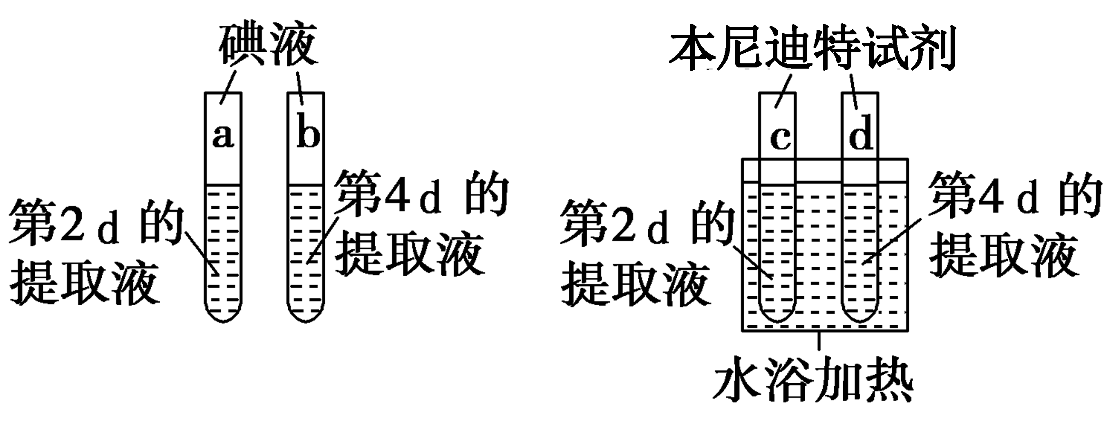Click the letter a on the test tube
point(223,136)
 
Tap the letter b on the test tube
point(308,130)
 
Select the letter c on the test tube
point(780,139)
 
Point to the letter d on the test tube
point(861,132)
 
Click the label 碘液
point(269,45)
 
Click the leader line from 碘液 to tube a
point(229,87)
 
